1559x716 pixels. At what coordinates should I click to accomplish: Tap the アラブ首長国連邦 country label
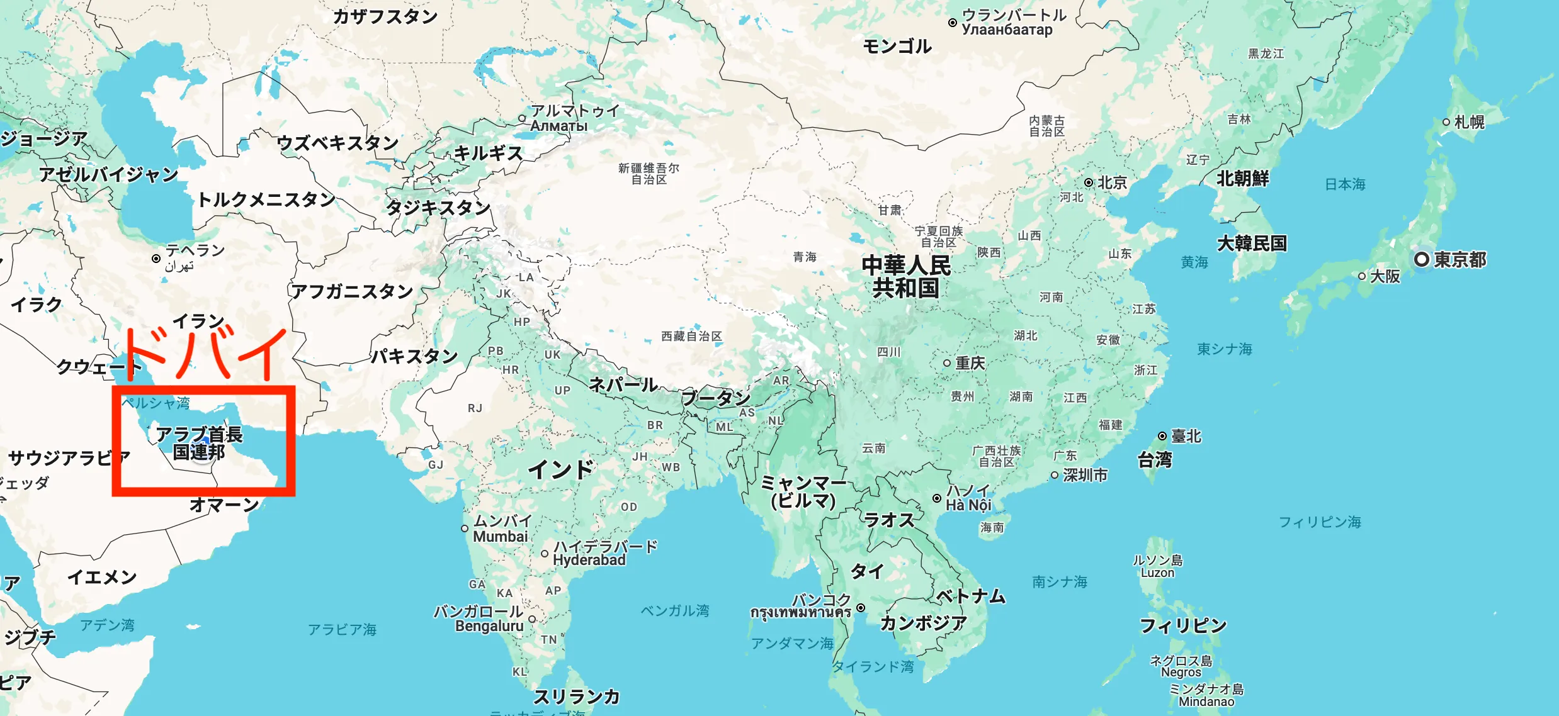(x=199, y=443)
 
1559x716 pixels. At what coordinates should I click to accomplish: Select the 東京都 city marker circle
(x=1421, y=259)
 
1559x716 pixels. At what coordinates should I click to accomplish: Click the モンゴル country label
(x=897, y=47)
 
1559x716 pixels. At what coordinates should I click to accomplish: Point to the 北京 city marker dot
(x=1089, y=182)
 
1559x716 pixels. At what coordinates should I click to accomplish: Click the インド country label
(x=560, y=469)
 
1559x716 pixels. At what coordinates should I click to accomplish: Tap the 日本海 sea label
(x=1345, y=184)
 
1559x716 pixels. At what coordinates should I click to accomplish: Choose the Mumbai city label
(x=501, y=537)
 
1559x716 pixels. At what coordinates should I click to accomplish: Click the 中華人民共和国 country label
(x=906, y=277)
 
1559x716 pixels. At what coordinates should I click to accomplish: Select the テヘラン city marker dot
(x=156, y=259)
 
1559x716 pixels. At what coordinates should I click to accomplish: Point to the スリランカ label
(x=576, y=696)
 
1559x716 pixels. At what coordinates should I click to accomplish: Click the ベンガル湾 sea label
(x=674, y=610)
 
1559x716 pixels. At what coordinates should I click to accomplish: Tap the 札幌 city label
(x=1470, y=122)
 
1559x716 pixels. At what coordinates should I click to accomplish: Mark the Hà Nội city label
(x=968, y=505)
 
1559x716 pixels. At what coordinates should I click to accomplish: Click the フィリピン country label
(x=1183, y=625)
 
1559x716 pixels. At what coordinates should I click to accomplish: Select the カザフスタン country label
(x=385, y=16)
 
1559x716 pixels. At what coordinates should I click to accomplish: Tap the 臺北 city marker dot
(x=1162, y=436)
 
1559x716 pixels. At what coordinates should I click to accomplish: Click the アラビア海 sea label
(x=342, y=629)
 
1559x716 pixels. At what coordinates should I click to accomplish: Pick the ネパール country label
(x=623, y=384)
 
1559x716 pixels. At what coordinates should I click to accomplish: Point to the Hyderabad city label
(x=589, y=560)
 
